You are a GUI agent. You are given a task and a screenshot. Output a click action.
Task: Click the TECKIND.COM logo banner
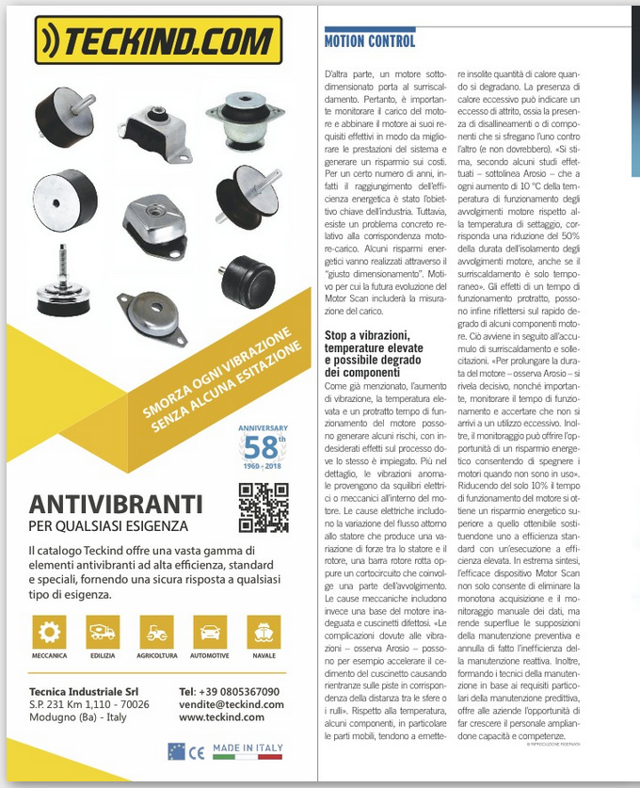157,40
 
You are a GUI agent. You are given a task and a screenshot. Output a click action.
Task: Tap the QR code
264,507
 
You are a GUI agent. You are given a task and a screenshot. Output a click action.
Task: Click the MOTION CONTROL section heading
369,41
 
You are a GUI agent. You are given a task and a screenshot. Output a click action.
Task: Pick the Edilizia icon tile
103,633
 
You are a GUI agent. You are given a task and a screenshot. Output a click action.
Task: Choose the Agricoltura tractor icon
155,633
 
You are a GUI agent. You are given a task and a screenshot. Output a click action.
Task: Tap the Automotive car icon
210,633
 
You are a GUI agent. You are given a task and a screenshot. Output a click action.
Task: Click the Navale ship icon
264,633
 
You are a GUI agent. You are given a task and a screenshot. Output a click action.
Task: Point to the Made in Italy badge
247,749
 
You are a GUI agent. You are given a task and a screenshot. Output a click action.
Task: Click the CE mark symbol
196,751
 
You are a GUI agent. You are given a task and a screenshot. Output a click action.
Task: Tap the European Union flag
176,750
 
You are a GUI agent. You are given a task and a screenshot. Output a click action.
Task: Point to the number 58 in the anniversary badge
264,445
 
